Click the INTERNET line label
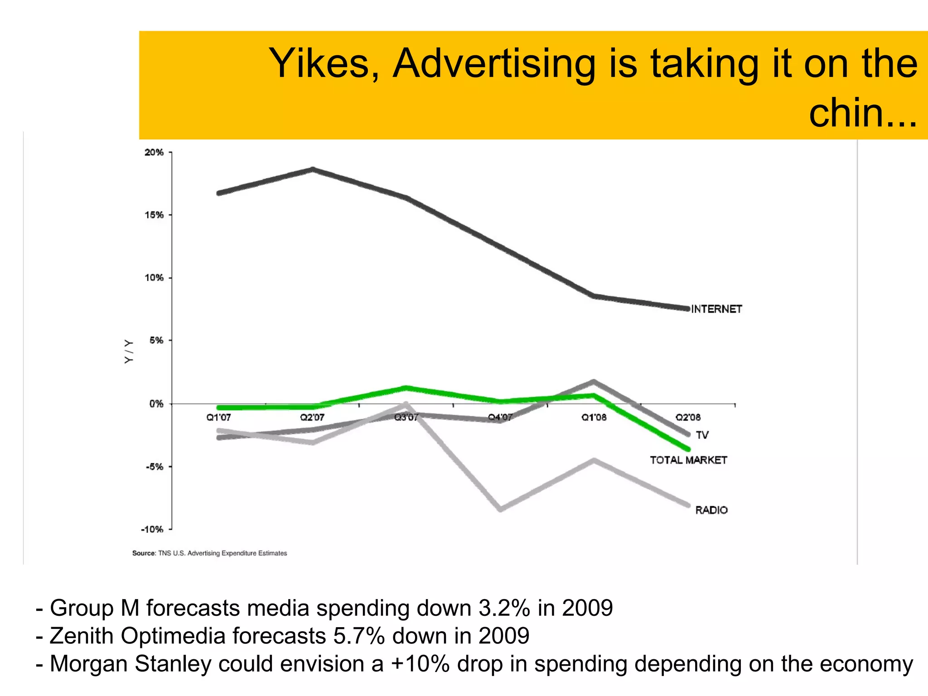click(716, 309)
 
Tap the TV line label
click(702, 435)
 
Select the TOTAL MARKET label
click(688, 460)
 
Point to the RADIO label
click(711, 510)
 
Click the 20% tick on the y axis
click(154, 152)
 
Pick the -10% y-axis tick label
click(152, 529)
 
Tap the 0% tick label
click(156, 404)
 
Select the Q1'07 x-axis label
click(218, 417)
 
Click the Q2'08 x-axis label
click(688, 417)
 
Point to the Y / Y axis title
click(129, 351)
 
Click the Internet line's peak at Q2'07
click(313, 170)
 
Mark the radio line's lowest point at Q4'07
click(500, 509)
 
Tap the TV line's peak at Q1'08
click(594, 382)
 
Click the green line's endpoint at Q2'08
click(688, 449)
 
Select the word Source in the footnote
click(144, 553)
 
